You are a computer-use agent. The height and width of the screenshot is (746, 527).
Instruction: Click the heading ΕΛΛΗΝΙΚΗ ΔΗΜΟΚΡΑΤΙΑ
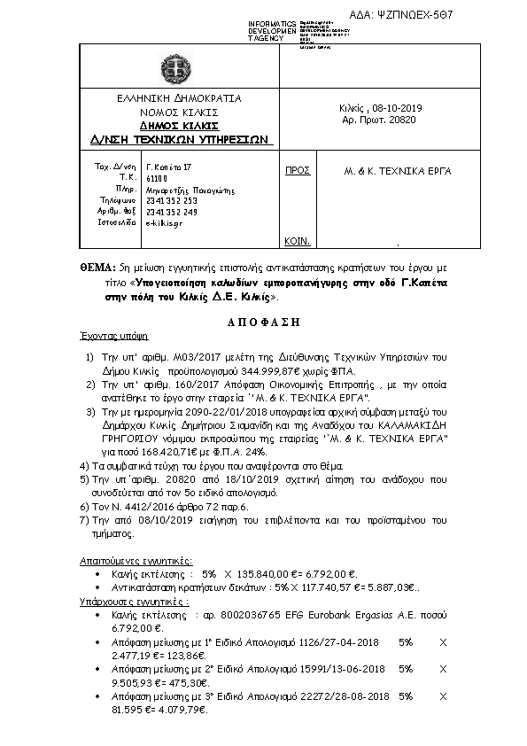[184, 98]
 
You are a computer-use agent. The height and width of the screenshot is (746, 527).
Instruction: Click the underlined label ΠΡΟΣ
[297, 167]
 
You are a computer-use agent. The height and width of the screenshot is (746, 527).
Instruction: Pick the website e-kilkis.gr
[164, 223]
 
